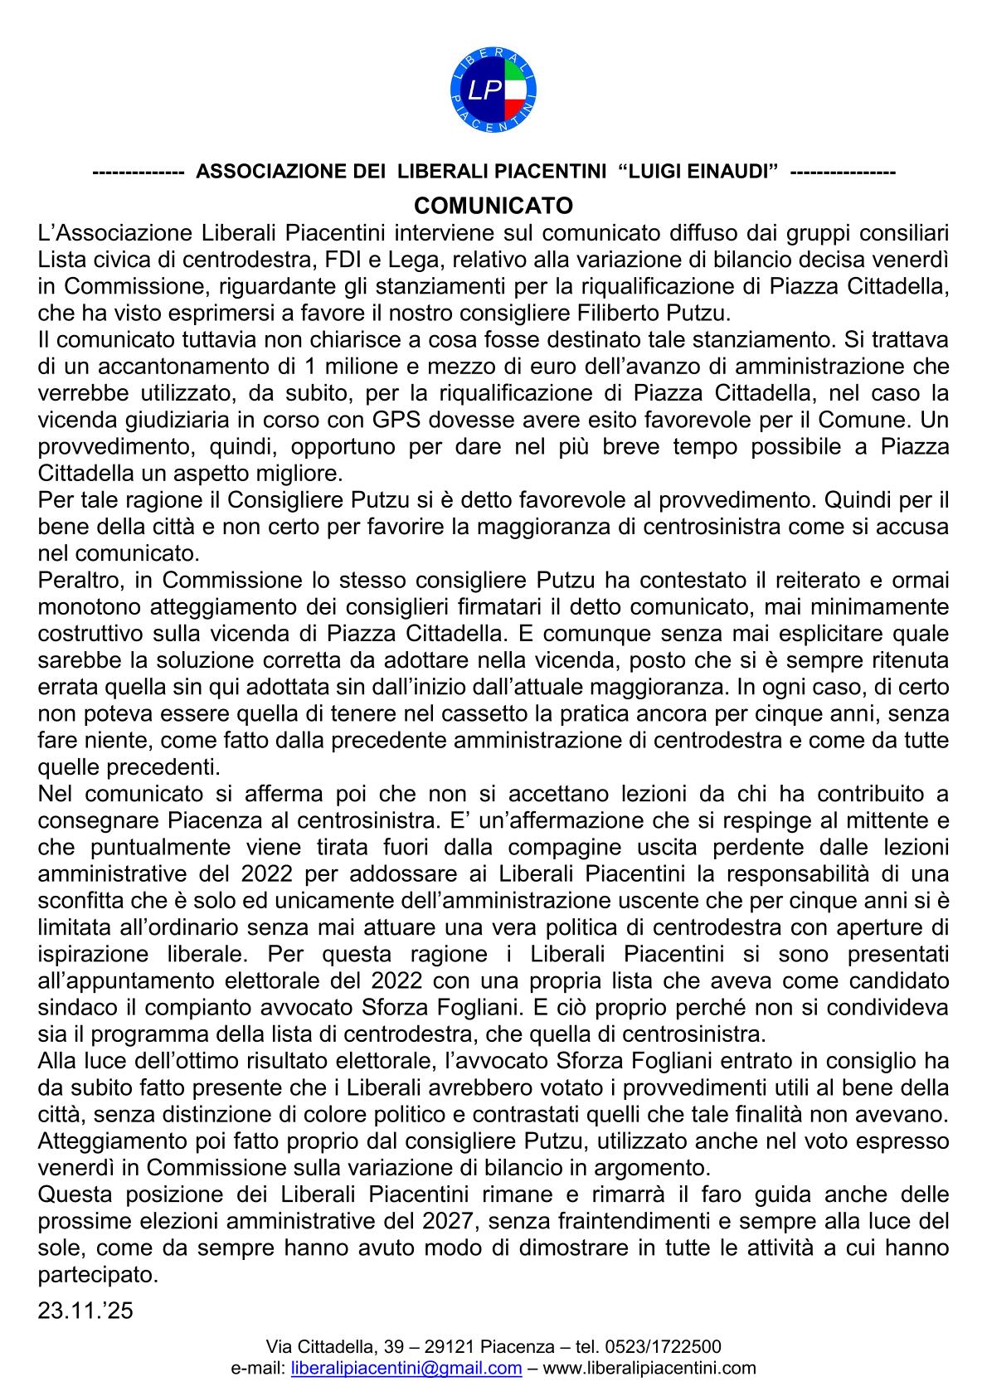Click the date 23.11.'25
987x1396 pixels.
click(85, 1311)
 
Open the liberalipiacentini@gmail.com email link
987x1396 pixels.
click(407, 1369)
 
